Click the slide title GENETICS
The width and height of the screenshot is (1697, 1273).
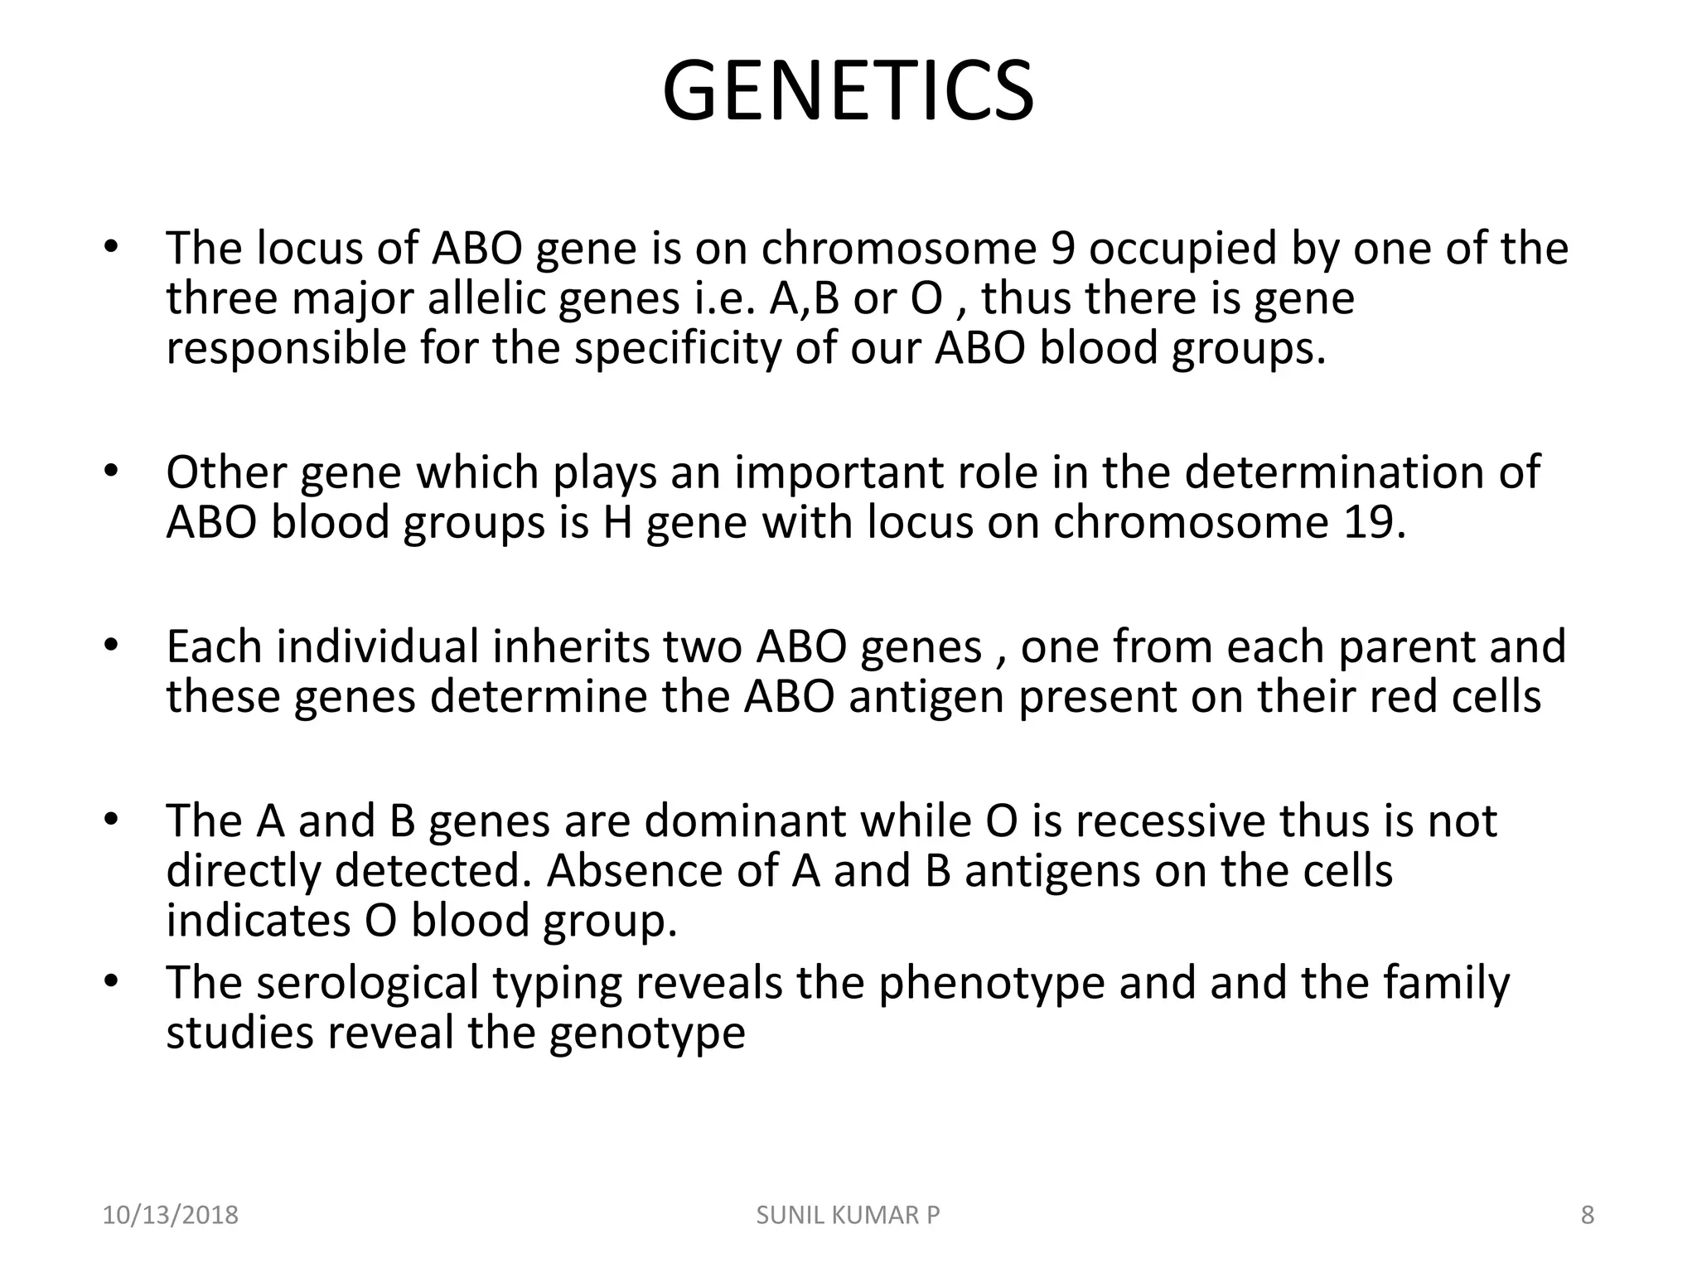pos(848,91)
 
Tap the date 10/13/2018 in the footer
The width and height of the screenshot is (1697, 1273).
pos(170,1215)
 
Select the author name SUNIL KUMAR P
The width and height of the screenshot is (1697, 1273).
pos(848,1215)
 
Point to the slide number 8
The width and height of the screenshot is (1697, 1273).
pos(1588,1215)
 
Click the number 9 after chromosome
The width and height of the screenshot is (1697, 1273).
pos(1062,249)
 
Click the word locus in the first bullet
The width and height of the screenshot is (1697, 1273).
pos(309,249)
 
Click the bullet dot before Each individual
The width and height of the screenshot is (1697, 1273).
pos(112,646)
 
